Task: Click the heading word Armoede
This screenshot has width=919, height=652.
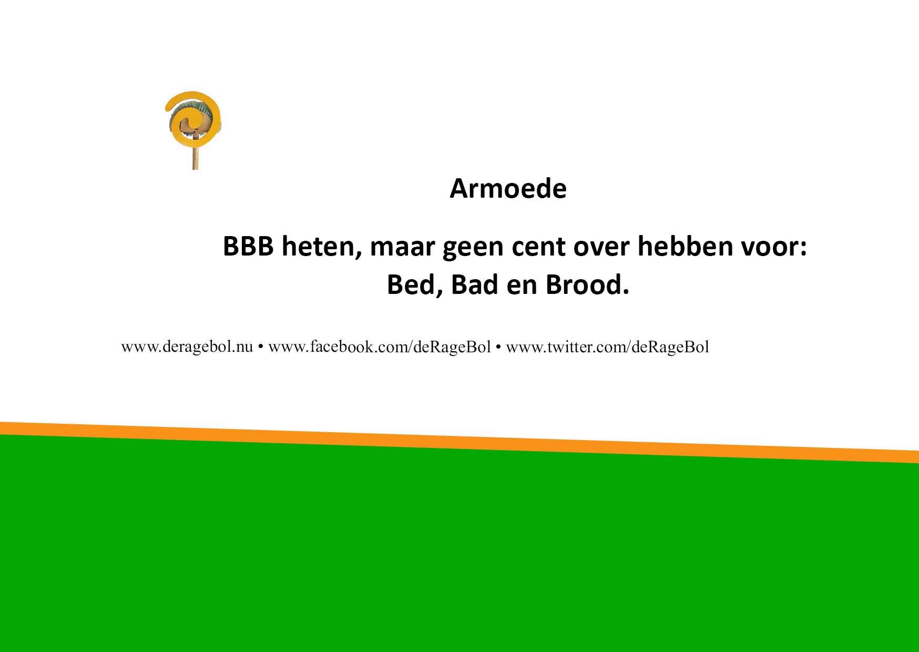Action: click(x=508, y=188)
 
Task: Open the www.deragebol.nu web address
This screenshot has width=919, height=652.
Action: click(x=187, y=347)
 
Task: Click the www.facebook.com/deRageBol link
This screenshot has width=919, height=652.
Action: click(x=380, y=347)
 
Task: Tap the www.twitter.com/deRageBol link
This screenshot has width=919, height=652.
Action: click(x=607, y=347)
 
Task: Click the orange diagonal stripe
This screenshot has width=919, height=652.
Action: click(x=459, y=442)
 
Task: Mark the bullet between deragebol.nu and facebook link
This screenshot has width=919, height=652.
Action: click(x=261, y=348)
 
